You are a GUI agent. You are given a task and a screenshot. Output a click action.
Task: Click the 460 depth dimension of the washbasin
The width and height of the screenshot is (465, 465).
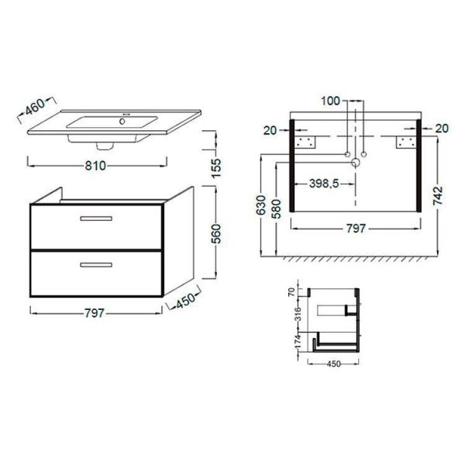coord(35,106)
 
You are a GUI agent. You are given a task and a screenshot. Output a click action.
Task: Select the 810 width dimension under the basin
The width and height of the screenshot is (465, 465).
coord(95,166)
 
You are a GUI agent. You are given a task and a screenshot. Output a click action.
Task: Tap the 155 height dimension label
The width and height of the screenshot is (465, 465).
coord(216,168)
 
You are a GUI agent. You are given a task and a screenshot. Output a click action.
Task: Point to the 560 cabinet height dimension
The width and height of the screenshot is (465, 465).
coord(217,234)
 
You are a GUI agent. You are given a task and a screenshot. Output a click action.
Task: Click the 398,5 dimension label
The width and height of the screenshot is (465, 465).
coord(324,184)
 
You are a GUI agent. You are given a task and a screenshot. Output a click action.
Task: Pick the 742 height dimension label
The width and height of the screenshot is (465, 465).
coord(438,195)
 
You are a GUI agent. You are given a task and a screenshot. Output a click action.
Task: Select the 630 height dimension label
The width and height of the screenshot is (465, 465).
coord(261,205)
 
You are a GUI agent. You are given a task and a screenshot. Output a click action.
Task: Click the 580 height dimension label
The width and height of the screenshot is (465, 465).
coord(276,208)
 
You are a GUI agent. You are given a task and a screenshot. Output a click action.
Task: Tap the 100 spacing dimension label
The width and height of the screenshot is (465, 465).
coord(331,101)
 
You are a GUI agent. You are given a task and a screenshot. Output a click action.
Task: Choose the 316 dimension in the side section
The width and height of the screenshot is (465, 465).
coord(298,314)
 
